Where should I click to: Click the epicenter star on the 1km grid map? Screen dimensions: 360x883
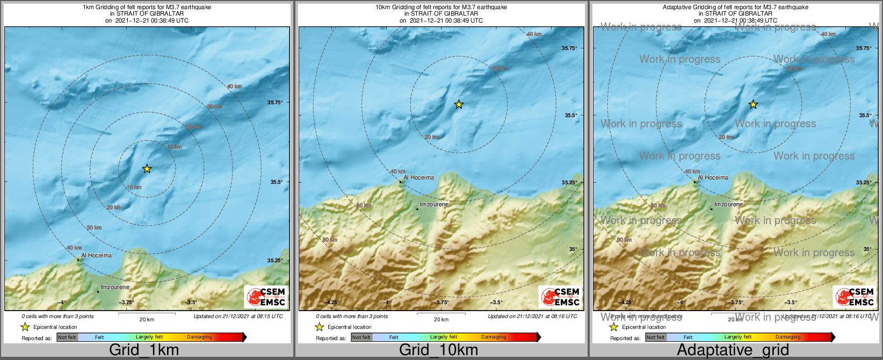pos(147,169)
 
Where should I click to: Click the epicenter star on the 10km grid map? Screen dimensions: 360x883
pos(459,104)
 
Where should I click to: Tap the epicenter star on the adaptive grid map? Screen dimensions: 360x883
pos(753,104)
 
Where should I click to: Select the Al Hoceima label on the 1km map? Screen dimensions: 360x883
pos(96,256)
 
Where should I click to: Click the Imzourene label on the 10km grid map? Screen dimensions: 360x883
pos(434,205)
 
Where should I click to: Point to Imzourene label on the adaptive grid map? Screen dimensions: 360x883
pos(728,205)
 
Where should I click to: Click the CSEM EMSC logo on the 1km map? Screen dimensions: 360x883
pos(266,297)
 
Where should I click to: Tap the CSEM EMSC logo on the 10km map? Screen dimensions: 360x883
pos(561,297)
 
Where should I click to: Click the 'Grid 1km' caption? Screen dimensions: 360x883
pos(144,350)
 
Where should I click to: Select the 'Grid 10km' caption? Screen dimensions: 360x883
pos(438,350)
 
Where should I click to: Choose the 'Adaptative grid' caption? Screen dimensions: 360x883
pos(733,350)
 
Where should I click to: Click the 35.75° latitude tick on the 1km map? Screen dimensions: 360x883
pos(276,102)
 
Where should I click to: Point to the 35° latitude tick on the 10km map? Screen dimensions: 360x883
pos(574,249)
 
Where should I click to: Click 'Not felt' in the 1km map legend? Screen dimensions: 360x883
pos(67,337)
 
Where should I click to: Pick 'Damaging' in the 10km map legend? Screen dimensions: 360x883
pos(494,337)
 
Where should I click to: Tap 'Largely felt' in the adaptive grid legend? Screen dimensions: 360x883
pos(738,337)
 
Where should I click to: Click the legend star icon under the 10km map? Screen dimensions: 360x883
pos(319,327)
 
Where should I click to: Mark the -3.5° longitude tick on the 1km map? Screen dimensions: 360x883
pos(191,303)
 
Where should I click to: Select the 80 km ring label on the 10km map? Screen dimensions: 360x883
pos(330,240)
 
